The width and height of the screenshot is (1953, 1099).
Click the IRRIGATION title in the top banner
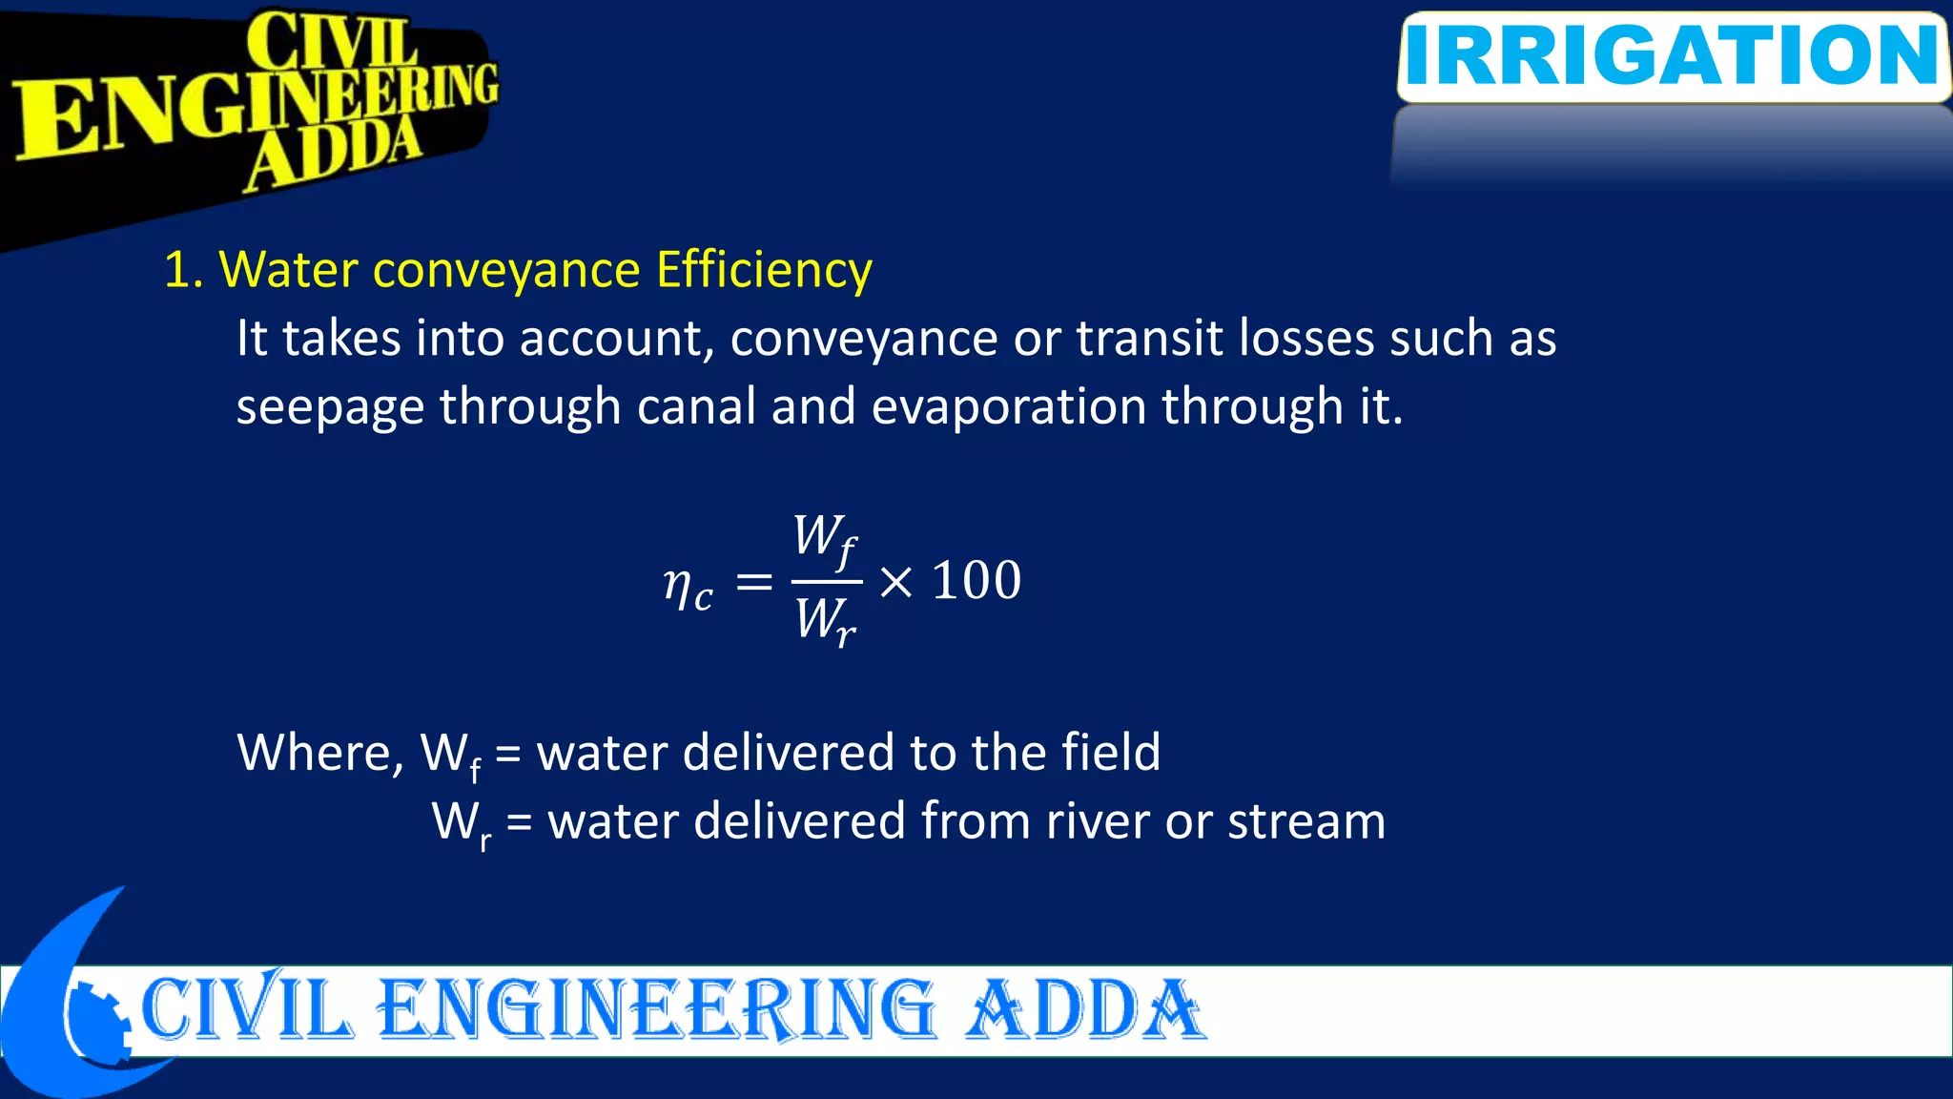[1673, 55]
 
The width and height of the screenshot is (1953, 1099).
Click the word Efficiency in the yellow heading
[764, 270]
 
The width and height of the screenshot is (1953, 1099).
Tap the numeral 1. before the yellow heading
[183, 270]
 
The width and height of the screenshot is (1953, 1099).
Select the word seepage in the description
[330, 408]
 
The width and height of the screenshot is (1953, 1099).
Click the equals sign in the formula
[754, 581]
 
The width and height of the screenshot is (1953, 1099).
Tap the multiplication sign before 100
[895, 581]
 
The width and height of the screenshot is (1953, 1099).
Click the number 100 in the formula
[976, 580]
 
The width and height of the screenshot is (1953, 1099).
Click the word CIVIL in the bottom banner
[246, 1009]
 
